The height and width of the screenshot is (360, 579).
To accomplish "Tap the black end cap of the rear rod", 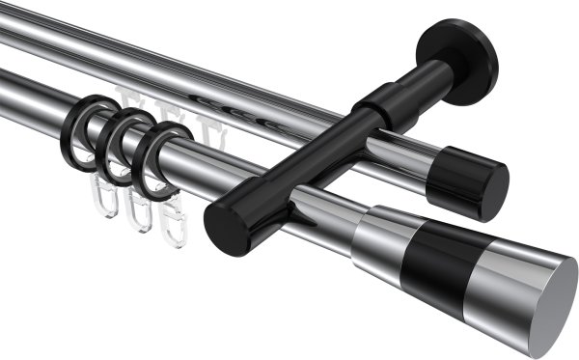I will [479, 182].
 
